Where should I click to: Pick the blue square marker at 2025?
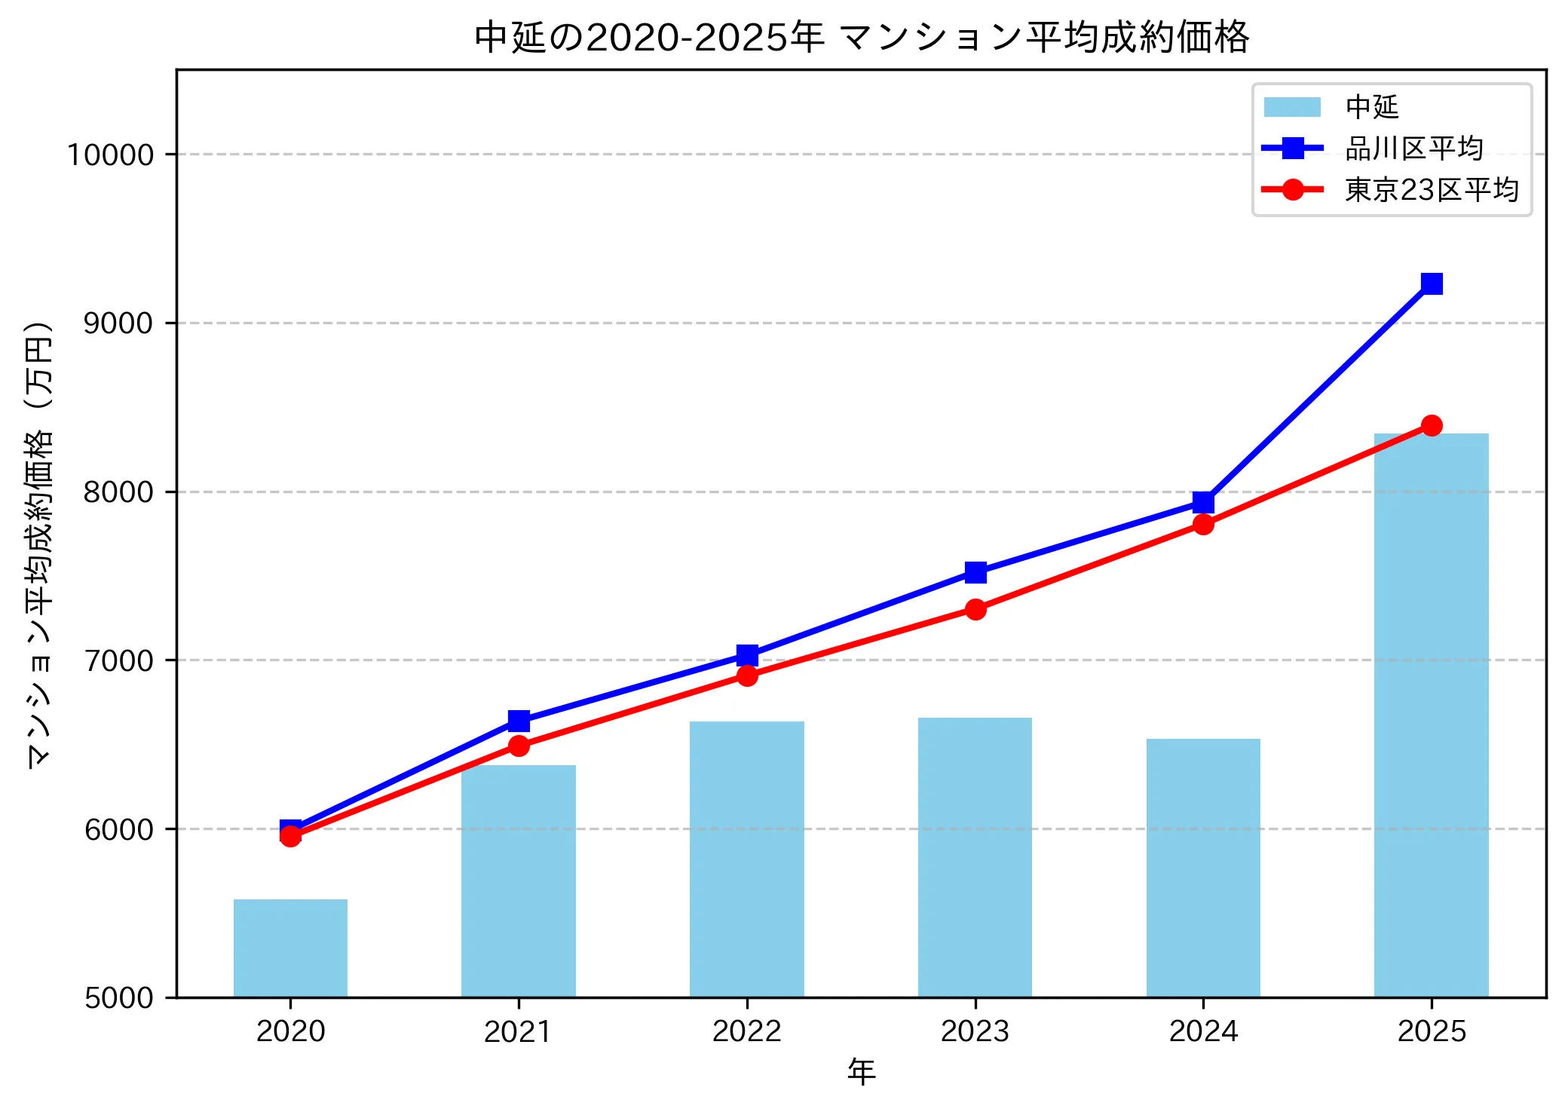click(x=1431, y=283)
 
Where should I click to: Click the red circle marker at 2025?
click(x=1431, y=426)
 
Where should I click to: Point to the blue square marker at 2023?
click(x=975, y=572)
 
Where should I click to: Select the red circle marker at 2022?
click(x=747, y=675)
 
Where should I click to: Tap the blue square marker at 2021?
click(x=519, y=721)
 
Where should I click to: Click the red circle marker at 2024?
click(x=1203, y=524)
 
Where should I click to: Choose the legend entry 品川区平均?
click(x=1413, y=149)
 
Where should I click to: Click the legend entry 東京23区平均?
click(x=1431, y=189)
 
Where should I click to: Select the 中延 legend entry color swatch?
click(x=1292, y=107)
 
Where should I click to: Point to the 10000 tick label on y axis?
click(x=110, y=155)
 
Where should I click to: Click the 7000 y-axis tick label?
click(x=118, y=660)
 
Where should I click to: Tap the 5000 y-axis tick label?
click(x=118, y=997)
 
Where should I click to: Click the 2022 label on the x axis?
click(x=746, y=1031)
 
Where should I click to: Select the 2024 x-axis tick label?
click(x=1203, y=1031)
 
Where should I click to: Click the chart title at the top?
click(x=861, y=37)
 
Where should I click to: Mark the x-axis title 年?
click(x=861, y=1071)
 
